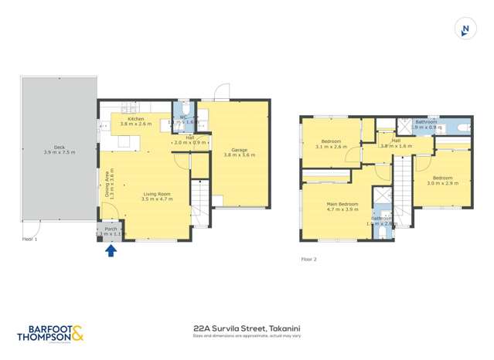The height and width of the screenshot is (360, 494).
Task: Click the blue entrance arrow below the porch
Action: (111, 250)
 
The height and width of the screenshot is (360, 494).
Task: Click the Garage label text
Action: (240, 150)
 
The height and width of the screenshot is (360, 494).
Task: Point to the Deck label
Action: (59, 148)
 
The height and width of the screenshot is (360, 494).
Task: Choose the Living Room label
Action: (156, 194)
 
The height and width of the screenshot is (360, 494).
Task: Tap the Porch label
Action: (111, 229)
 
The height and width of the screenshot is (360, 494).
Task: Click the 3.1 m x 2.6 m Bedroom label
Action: (332, 141)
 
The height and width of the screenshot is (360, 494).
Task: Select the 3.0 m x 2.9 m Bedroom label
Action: (442, 178)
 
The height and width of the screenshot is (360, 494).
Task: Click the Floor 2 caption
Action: (309, 260)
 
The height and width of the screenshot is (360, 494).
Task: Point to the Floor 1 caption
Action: (30, 239)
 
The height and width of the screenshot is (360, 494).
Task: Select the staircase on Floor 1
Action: (199, 202)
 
